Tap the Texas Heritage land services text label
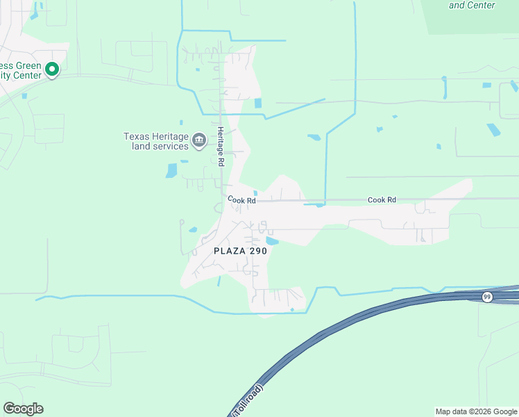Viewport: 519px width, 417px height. click(x=156, y=141)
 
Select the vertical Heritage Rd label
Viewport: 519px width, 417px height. click(x=221, y=145)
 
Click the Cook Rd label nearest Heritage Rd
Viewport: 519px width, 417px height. click(x=242, y=200)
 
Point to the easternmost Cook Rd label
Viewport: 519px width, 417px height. click(x=382, y=199)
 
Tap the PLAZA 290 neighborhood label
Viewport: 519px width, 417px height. click(x=239, y=251)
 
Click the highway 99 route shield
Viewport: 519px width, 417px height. click(x=486, y=297)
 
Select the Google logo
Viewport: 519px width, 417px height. click(x=23, y=409)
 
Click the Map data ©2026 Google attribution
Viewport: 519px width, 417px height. click(x=476, y=411)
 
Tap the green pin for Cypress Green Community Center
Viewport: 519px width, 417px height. click(x=52, y=69)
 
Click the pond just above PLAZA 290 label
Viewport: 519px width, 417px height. click(x=272, y=241)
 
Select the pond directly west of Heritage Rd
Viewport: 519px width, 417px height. click(x=171, y=170)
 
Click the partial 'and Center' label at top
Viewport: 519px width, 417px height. click(x=472, y=5)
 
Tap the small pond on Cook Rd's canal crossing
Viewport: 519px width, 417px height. click(x=318, y=204)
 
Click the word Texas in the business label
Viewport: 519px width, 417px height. click(x=136, y=136)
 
